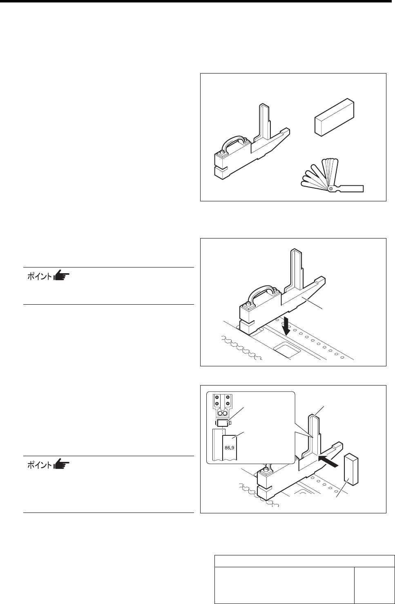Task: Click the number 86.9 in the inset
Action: [228, 447]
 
